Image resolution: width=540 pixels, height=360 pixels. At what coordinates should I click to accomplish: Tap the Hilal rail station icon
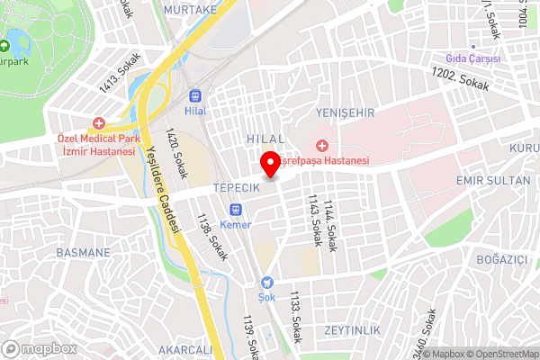(195, 96)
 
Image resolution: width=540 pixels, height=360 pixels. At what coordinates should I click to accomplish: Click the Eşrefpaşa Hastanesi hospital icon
(321, 146)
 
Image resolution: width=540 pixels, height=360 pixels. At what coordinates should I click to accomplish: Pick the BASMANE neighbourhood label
(83, 252)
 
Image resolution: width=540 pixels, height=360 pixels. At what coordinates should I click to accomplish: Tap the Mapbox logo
(40, 347)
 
